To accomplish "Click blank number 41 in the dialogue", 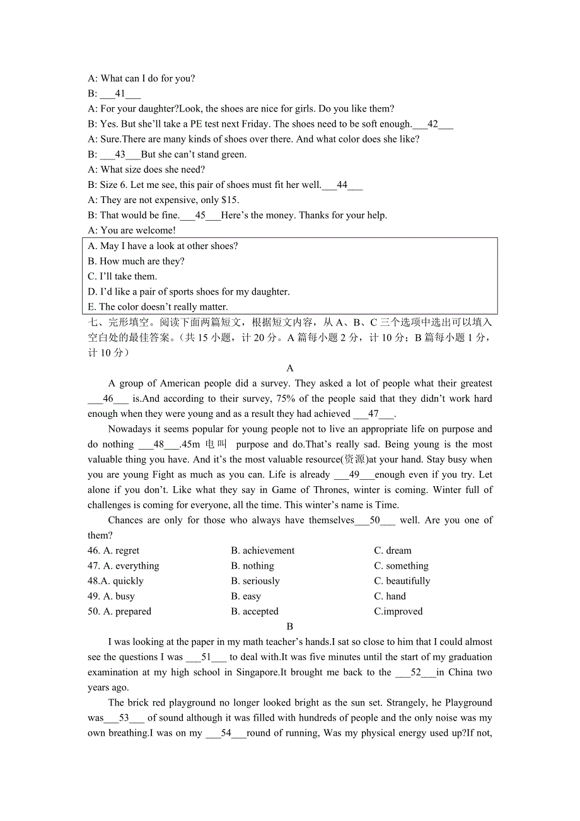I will [120, 94].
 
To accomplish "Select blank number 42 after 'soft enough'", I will [432, 124].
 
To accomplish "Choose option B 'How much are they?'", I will [136, 261].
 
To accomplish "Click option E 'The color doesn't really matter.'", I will [158, 307].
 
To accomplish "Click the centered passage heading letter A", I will [289, 368].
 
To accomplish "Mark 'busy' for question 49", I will [124, 596].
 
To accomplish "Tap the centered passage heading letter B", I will [289, 626].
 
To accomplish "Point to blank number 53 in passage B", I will [124, 718].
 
